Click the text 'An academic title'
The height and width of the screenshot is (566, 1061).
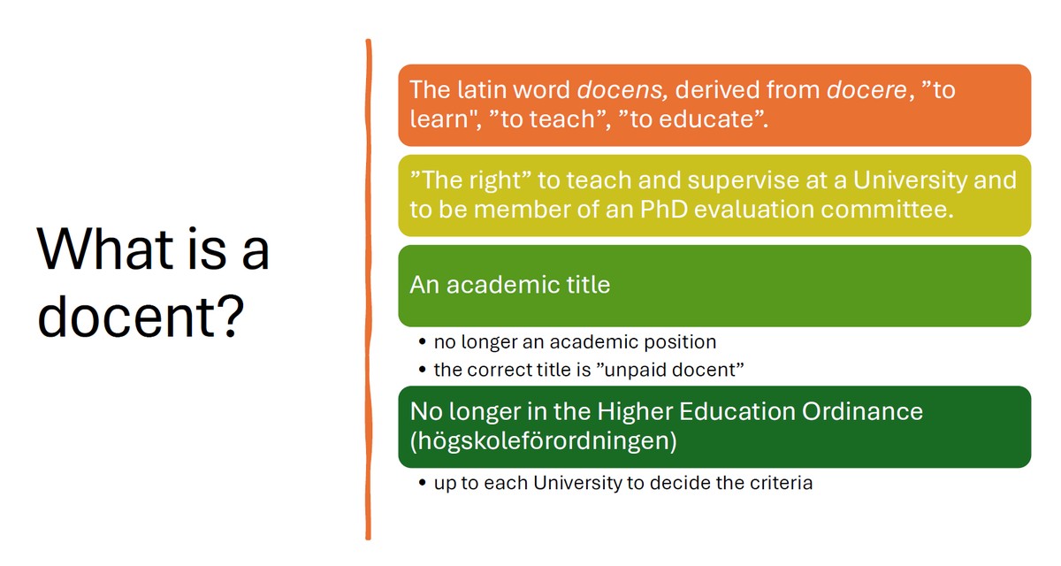pyautogui.click(x=510, y=285)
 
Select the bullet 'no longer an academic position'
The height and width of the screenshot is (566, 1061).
pyautogui.click(x=575, y=341)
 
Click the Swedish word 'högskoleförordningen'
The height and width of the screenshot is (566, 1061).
pyautogui.click(x=544, y=440)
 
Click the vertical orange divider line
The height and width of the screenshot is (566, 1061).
pyautogui.click(x=368, y=292)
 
